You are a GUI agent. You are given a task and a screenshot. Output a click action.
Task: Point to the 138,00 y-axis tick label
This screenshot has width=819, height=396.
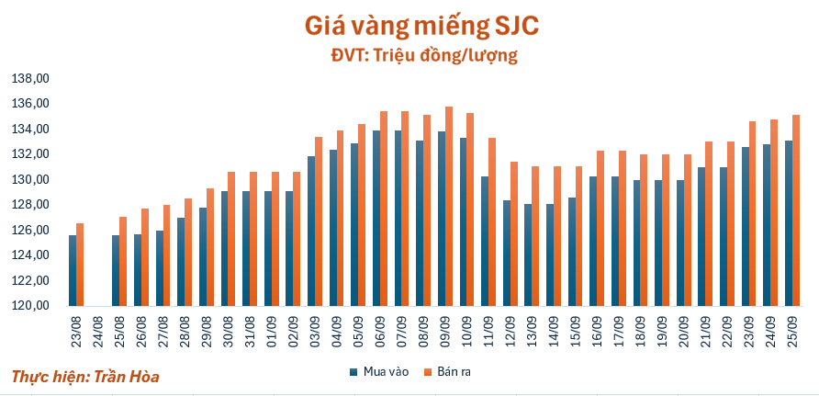pyautogui.click(x=29, y=78)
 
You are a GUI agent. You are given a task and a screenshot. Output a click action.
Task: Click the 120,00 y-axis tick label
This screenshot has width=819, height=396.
pyautogui.click(x=29, y=306)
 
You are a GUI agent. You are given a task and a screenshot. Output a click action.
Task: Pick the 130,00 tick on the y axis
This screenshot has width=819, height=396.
pyautogui.click(x=29, y=179)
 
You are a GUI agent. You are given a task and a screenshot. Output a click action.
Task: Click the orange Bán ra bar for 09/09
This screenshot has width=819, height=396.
pyautogui.click(x=449, y=207)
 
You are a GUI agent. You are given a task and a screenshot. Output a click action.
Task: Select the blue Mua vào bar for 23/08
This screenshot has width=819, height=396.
pyautogui.click(x=73, y=270)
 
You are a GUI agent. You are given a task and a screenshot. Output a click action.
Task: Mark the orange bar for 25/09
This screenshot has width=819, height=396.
pyautogui.click(x=796, y=210)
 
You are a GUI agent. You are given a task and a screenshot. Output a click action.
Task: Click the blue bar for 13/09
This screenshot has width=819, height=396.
pyautogui.click(x=528, y=255)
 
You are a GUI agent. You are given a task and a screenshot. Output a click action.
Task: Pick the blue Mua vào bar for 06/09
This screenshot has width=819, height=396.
pyautogui.click(x=376, y=218)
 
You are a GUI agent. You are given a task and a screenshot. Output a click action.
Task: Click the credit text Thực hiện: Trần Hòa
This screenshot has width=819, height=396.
pyautogui.click(x=78, y=377)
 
